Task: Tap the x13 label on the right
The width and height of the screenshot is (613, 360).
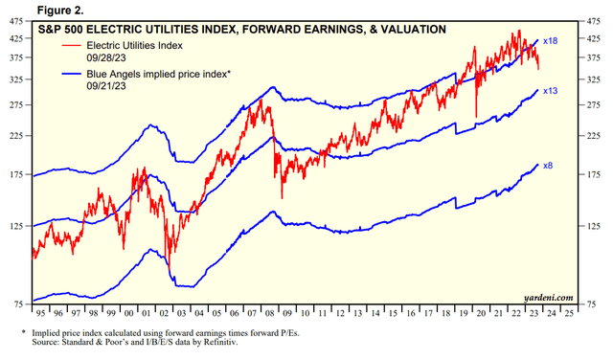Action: point(550,91)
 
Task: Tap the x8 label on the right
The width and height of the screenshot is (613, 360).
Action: point(548,166)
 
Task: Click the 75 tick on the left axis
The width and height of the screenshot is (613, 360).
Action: point(18,304)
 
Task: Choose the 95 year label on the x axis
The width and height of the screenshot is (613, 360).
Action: point(40,313)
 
